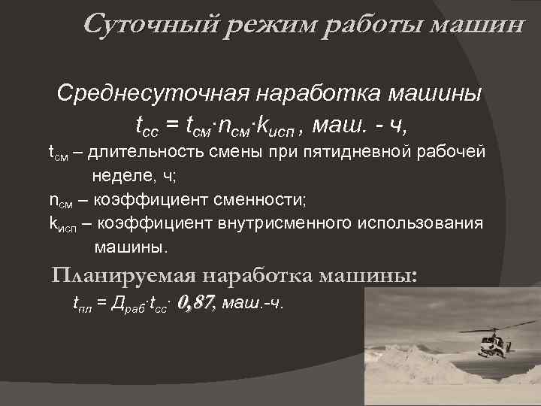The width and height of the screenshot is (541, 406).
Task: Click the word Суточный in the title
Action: click(x=148, y=25)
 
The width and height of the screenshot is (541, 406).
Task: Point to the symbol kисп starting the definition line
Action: click(x=62, y=224)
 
